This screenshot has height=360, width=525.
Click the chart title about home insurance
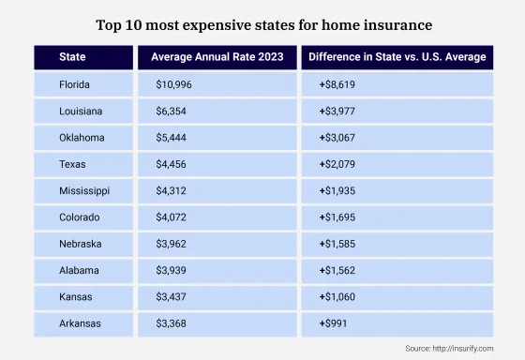click(x=262, y=21)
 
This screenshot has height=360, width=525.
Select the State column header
click(x=72, y=57)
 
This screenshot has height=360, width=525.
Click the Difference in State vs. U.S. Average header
click(x=397, y=57)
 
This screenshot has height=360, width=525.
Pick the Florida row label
click(x=77, y=84)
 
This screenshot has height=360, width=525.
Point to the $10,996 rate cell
click(x=176, y=84)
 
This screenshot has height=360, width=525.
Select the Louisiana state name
click(x=82, y=111)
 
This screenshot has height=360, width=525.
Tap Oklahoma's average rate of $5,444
click(x=173, y=138)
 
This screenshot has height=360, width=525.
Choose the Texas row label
click(x=73, y=165)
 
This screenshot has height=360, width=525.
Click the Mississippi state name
click(x=84, y=191)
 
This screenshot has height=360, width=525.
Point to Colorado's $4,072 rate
click(x=173, y=218)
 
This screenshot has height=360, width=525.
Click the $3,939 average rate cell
click(x=173, y=272)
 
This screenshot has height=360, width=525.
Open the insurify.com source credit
click(x=449, y=349)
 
